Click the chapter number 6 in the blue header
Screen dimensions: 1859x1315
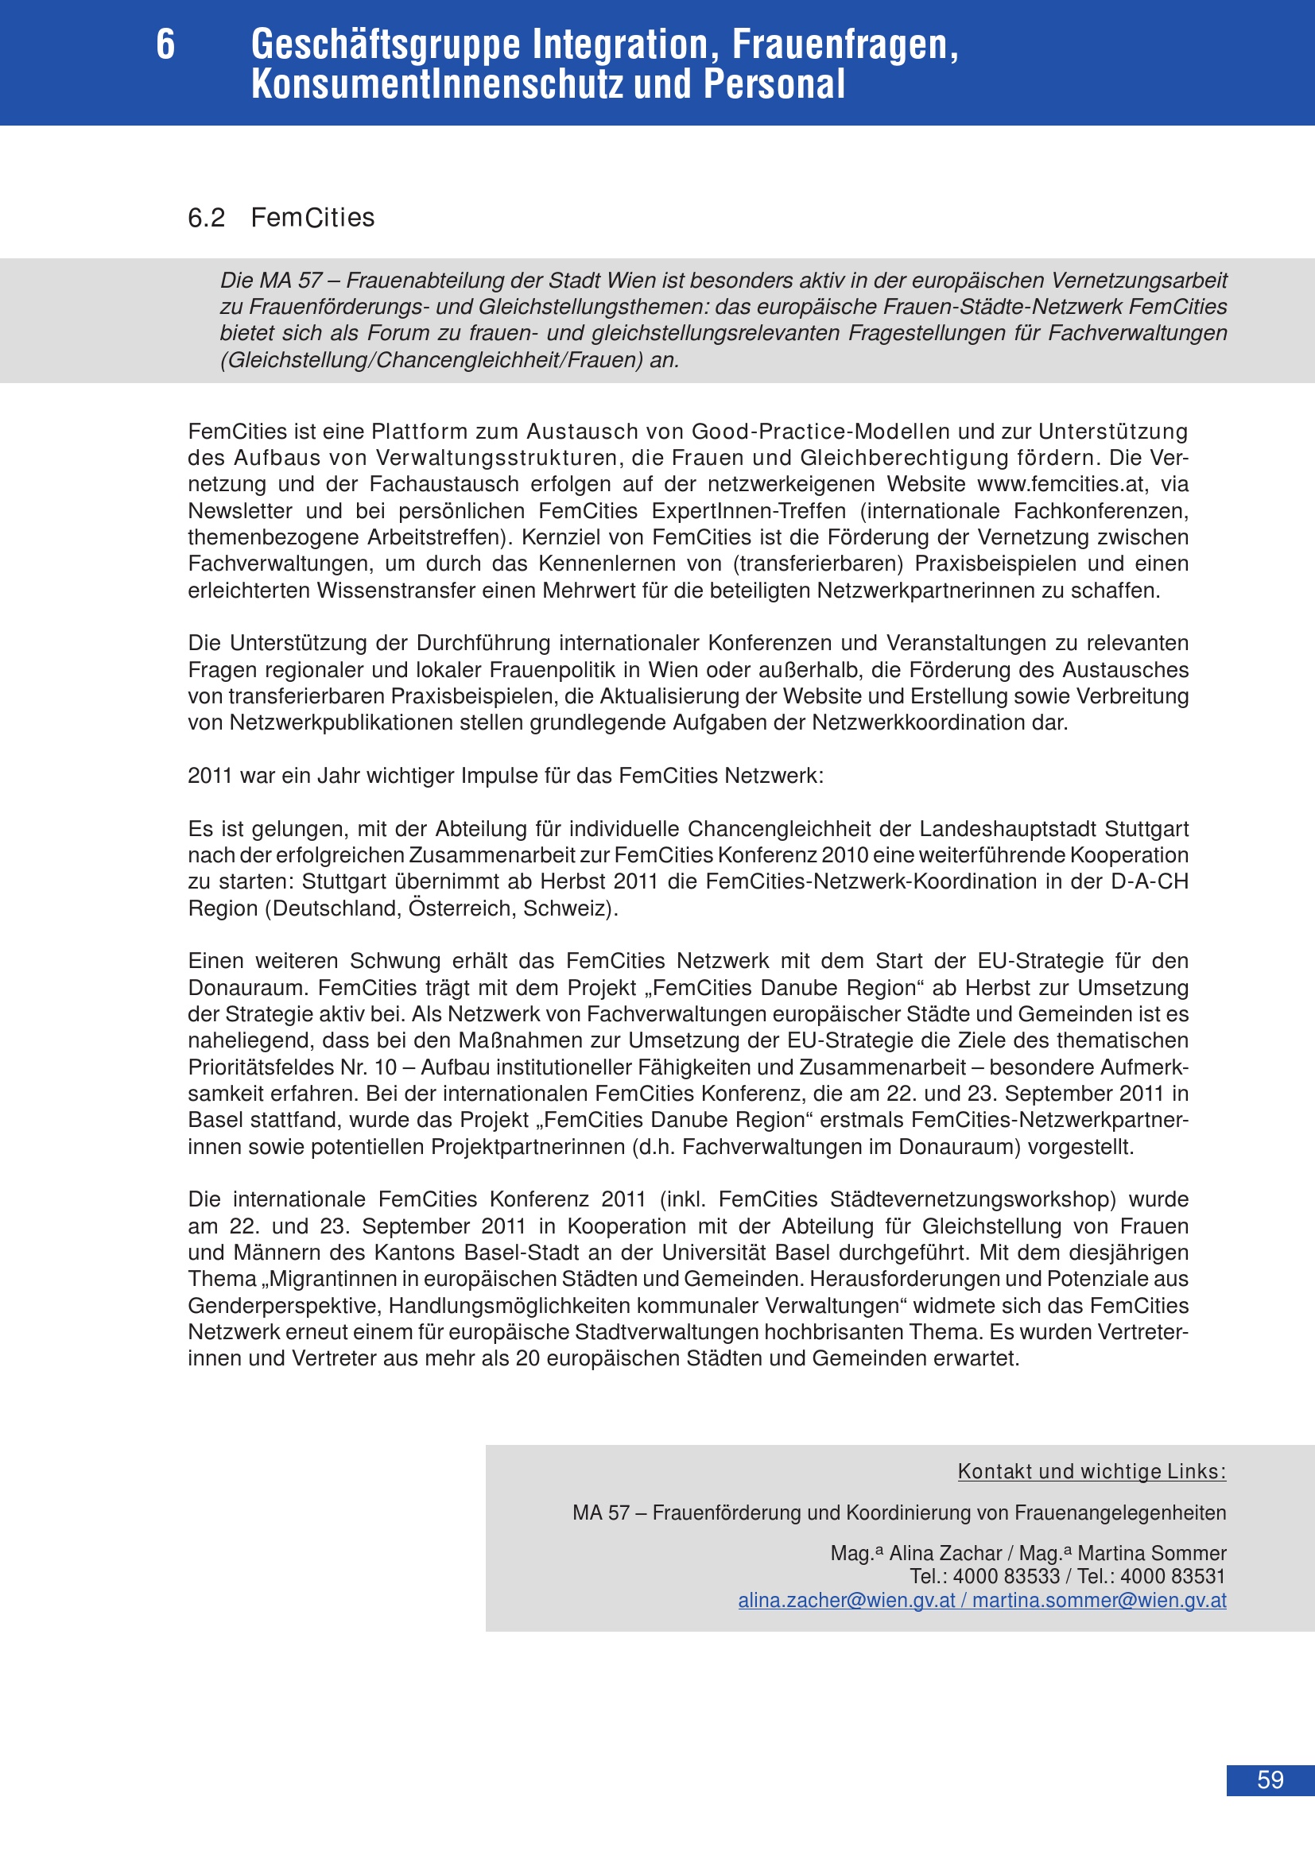[165, 45]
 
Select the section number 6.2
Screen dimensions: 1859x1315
[207, 218]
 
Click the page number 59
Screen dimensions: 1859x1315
[1270, 1780]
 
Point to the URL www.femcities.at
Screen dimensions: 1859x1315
[1062, 484]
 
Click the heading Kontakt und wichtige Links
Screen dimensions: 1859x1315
[1092, 1471]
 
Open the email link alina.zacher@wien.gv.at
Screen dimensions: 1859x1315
[846, 1600]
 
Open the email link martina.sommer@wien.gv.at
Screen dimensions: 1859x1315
[1099, 1600]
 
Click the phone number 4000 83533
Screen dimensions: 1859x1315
[1006, 1575]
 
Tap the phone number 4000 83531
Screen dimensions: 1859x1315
[1173, 1575]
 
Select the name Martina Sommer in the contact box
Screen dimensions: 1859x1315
[1151, 1553]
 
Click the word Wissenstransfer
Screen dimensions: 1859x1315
[396, 591]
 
